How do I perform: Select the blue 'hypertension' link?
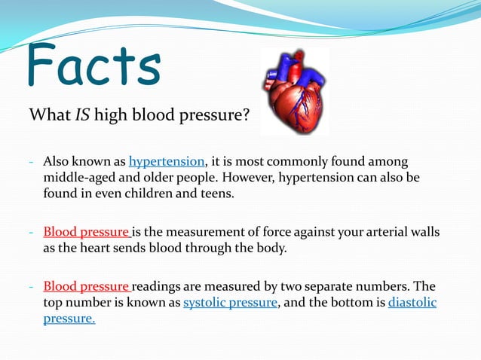click(x=167, y=161)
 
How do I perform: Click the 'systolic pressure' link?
click(x=231, y=303)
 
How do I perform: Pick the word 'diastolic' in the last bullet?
click(x=412, y=303)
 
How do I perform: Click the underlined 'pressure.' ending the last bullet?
click(x=69, y=319)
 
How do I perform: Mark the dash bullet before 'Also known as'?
click(x=32, y=162)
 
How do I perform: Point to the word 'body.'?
click(x=272, y=247)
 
